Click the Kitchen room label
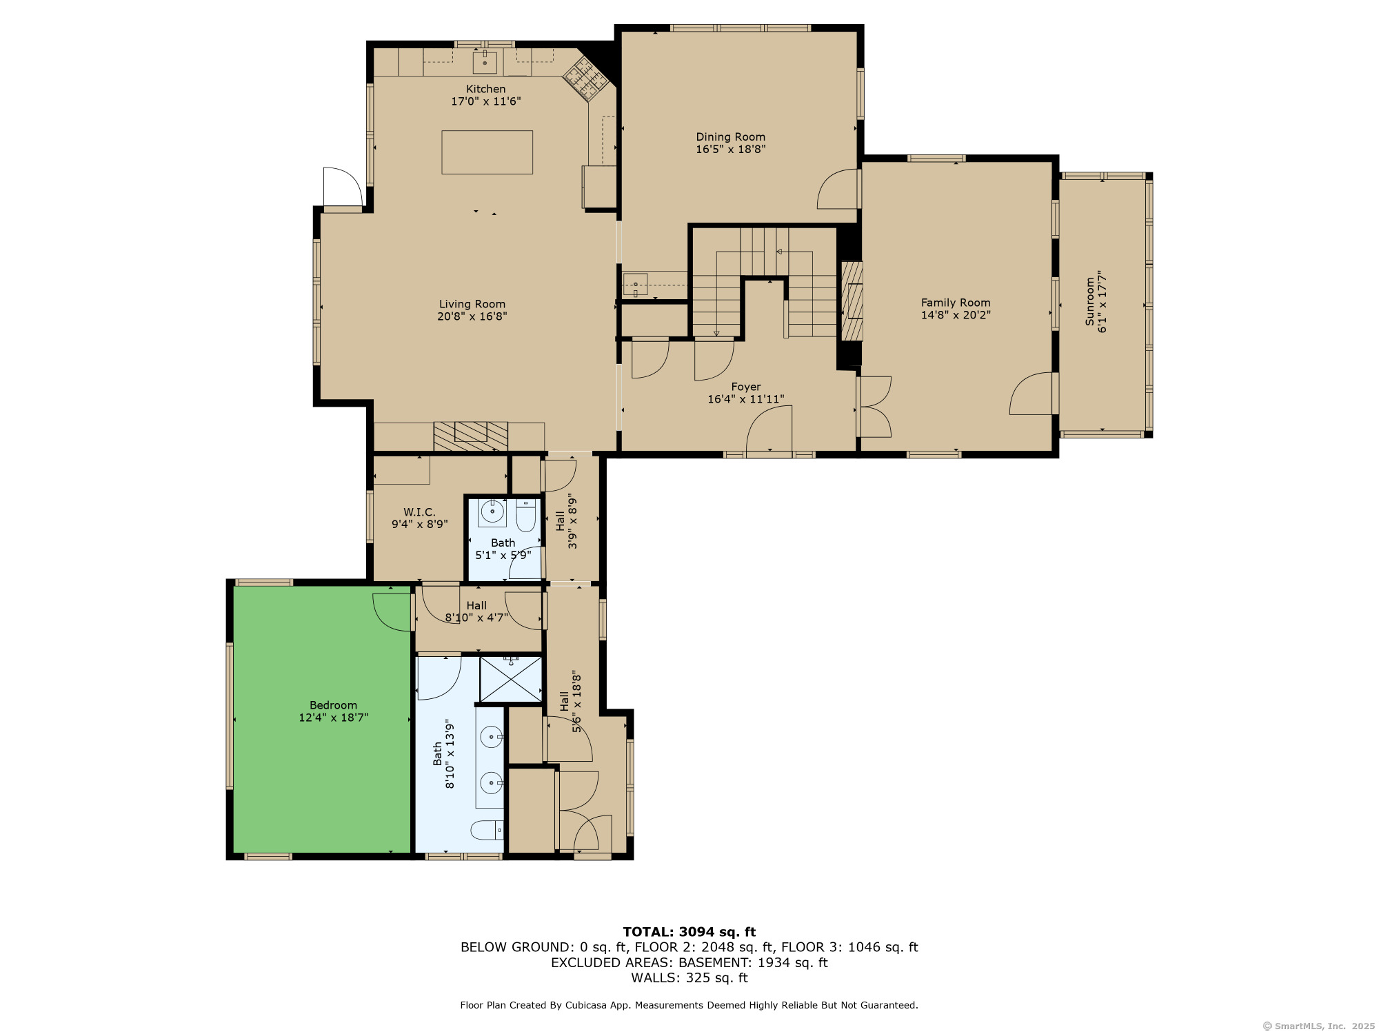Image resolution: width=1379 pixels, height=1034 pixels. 486,89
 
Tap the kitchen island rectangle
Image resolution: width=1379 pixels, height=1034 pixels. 487,152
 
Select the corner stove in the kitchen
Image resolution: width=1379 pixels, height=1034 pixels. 587,78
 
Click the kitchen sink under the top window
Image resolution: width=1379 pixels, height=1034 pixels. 485,63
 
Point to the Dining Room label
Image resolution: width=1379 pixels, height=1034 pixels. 731,136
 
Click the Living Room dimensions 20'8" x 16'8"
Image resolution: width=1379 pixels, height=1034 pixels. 472,316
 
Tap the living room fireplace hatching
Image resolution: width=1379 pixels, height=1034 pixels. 471,436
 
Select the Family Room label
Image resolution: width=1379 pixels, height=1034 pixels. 956,303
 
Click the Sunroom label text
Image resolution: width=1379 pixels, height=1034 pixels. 1090,301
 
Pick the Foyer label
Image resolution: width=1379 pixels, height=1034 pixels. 746,387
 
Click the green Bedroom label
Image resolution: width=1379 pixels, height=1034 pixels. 334,705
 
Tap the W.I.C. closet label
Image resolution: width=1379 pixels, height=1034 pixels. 419,512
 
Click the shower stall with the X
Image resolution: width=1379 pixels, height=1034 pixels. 511,679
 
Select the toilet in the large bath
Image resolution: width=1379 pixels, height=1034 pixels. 487,830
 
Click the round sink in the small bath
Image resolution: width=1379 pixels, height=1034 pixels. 492,511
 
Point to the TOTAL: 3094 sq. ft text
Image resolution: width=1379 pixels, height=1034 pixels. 689,933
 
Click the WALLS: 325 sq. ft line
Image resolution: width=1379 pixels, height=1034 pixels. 689,977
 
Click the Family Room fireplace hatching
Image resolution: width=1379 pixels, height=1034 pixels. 852,301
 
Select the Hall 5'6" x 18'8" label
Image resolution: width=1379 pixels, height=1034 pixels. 571,702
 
